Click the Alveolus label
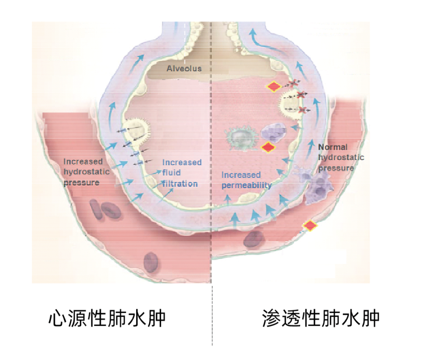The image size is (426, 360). coord(184,69)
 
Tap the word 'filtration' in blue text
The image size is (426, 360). coord(180,184)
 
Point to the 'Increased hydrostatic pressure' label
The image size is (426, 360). coord(84,172)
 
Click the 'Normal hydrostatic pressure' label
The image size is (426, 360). coord(340,158)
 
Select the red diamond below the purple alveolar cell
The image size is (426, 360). coord(269,147)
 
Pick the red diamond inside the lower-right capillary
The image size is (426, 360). coord(310,226)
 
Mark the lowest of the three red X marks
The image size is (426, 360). coord(303,110)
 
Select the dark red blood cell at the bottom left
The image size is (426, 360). coord(151,261)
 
